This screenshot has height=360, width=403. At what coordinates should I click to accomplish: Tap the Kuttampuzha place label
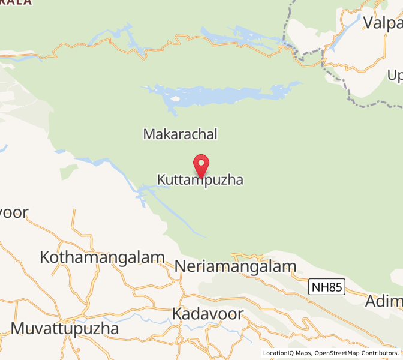click(200, 179)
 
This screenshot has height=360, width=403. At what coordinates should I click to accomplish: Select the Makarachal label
click(180, 134)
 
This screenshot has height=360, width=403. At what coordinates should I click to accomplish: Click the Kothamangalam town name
click(102, 257)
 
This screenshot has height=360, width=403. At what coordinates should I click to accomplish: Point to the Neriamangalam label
click(236, 266)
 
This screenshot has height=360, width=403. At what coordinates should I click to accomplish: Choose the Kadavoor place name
click(207, 313)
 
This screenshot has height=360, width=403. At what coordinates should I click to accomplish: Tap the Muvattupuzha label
click(65, 329)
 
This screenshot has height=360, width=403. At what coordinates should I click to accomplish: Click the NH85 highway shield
click(327, 287)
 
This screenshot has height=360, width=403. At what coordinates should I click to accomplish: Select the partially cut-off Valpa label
click(382, 23)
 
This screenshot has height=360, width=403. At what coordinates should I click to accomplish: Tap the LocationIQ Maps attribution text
click(287, 353)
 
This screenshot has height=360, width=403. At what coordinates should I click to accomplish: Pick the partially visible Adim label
click(384, 301)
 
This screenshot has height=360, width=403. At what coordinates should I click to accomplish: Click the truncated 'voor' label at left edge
click(13, 213)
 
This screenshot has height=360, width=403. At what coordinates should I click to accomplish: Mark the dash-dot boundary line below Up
click(372, 106)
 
